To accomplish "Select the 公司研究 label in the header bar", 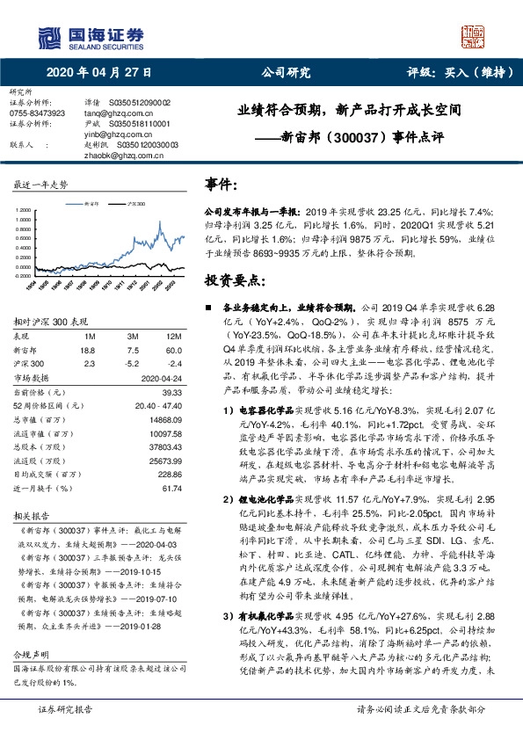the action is coord(287,75).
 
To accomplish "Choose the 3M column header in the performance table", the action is coord(133,336).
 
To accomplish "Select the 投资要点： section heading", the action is coord(234,280).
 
